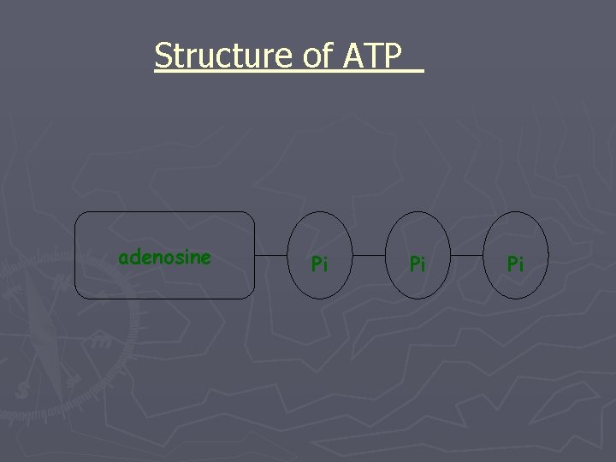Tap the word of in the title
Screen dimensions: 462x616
pyautogui.click(x=317, y=56)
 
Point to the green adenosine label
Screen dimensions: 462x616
pyautogui.click(x=164, y=257)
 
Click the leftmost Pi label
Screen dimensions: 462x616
pyautogui.click(x=319, y=264)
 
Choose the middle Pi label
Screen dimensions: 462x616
pyautogui.click(x=418, y=264)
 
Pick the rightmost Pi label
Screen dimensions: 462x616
pyautogui.click(x=515, y=264)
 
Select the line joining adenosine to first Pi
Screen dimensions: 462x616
pyautogui.click(x=274, y=255)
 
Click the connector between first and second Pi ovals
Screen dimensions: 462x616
pyautogui.click(x=370, y=255)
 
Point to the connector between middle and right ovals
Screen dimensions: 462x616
pyautogui.click(x=468, y=255)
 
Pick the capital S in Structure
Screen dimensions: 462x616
pyautogui.click(x=163, y=56)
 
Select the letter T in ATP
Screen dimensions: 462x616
pyautogui.click(x=372, y=56)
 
